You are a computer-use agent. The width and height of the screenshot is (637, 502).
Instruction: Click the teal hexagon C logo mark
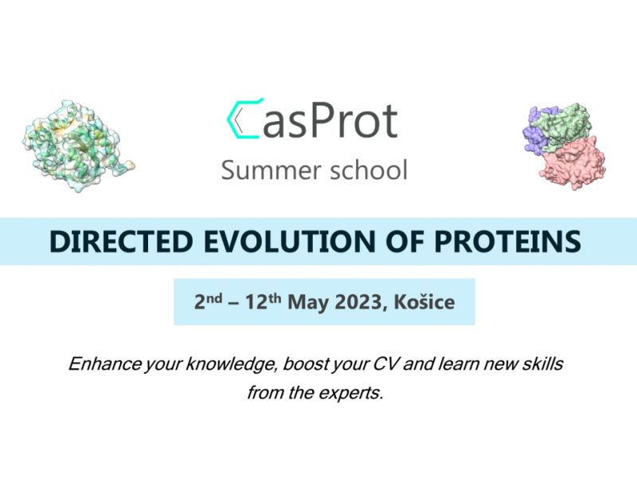point(233,119)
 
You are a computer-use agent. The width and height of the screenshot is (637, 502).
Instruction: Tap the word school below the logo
point(369,171)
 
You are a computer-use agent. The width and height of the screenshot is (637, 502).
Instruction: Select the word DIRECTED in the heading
point(121,241)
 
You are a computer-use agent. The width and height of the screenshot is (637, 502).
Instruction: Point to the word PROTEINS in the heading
point(508,241)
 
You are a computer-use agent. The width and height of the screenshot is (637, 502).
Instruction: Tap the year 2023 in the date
point(361,303)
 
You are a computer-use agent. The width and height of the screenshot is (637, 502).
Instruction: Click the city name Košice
point(424,303)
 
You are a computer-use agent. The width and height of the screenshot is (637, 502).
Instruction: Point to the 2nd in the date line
point(208,302)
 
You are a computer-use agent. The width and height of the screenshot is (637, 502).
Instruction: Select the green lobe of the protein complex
point(563,127)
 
